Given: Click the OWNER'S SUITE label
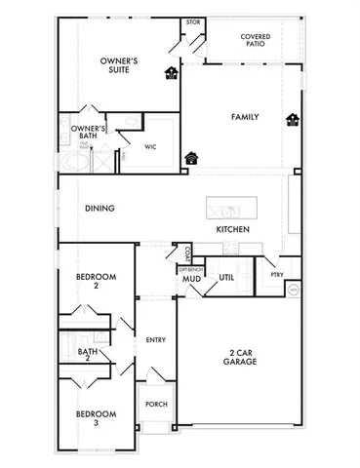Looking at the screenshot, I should pos(118,66).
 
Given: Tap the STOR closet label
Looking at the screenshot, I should pos(193,21).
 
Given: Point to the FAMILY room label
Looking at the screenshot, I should pos(244,116).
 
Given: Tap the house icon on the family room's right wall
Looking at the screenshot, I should pos(292,120).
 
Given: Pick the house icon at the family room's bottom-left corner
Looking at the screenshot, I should pos(191,156).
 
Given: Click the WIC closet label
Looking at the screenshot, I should pos(151,147).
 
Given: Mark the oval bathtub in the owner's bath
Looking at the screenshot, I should pos(69,161).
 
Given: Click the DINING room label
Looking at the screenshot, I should pos(100,208).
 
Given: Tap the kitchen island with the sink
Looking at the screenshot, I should pos(232,208).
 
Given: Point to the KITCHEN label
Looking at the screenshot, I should pos(232,229).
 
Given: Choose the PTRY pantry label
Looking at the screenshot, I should pos(276,275).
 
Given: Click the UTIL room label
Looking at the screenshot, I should pos(225,277).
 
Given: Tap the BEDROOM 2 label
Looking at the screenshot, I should pos(96,281).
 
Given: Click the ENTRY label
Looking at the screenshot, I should pos(155,339).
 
